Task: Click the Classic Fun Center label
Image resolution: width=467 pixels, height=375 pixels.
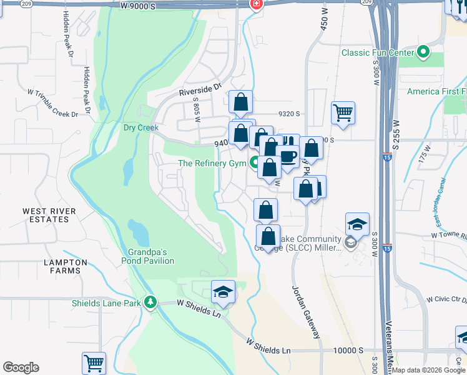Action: pos(377,52)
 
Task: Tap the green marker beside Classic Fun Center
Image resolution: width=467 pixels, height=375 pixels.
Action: pos(423,52)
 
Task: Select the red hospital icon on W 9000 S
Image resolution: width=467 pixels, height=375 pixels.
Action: pos(255,4)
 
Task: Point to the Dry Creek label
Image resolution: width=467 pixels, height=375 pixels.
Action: pos(141,127)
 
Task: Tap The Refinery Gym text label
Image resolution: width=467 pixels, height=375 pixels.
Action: pos(212,164)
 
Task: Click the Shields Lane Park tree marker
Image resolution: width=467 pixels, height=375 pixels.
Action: pos(150,303)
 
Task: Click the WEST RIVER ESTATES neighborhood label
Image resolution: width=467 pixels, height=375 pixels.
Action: pos(46,216)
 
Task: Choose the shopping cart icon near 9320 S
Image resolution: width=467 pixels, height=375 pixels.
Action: pos(343,112)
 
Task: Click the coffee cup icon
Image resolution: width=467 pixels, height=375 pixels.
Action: pos(288,156)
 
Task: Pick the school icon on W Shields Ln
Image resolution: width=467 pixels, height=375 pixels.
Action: pos(223,292)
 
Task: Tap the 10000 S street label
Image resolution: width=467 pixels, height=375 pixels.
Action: pos(347,351)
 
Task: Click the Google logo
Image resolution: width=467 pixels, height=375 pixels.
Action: pos(21,367)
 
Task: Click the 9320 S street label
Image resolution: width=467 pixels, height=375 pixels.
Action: pos(290,114)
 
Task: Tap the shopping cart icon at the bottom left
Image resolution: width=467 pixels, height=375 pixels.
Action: pos(94,362)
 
